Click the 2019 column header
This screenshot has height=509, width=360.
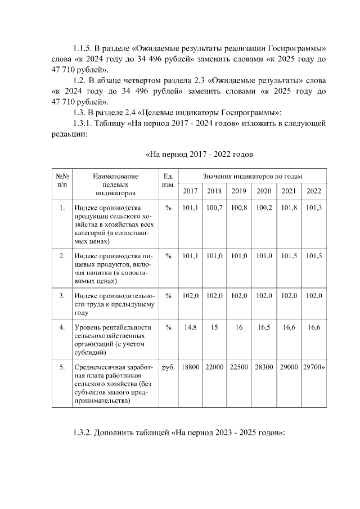point(239,191)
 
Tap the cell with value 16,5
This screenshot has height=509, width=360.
point(264,327)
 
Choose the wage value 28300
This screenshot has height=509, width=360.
point(264,367)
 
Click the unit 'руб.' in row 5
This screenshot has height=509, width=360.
point(168,367)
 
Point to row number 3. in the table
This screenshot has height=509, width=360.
point(61,295)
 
